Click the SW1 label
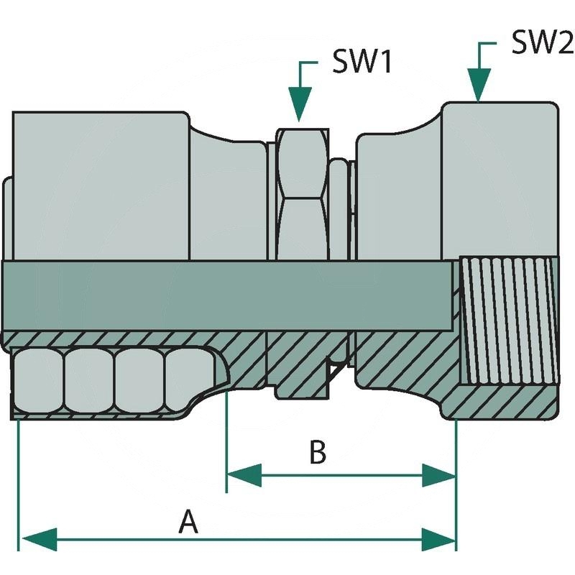362,63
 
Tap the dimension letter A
188,521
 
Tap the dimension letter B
318,453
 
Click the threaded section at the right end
507,320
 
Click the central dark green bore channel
230,295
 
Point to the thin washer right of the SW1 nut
339,208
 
